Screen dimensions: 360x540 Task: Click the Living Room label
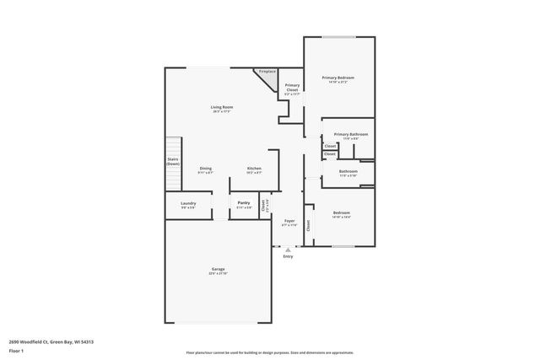[222, 107]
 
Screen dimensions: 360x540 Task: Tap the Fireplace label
[267, 72]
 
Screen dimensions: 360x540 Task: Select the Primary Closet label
[292, 87]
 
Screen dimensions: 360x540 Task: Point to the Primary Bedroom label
[337, 78]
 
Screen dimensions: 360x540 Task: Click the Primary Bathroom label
[350, 134]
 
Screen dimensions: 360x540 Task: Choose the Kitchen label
[254, 168]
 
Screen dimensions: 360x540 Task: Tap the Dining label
[206, 168]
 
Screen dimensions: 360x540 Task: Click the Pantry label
[244, 202]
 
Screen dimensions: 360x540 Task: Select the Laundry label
[188, 202]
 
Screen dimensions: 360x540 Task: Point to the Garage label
[218, 270]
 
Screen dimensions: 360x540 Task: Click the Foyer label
[289, 221]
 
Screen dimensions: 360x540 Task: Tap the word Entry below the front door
[289, 256]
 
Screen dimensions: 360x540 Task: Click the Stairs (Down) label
[173, 161]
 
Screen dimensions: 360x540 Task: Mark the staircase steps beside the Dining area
[174, 177]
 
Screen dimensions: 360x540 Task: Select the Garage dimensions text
[218, 274]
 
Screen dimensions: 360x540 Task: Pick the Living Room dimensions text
[222, 111]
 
